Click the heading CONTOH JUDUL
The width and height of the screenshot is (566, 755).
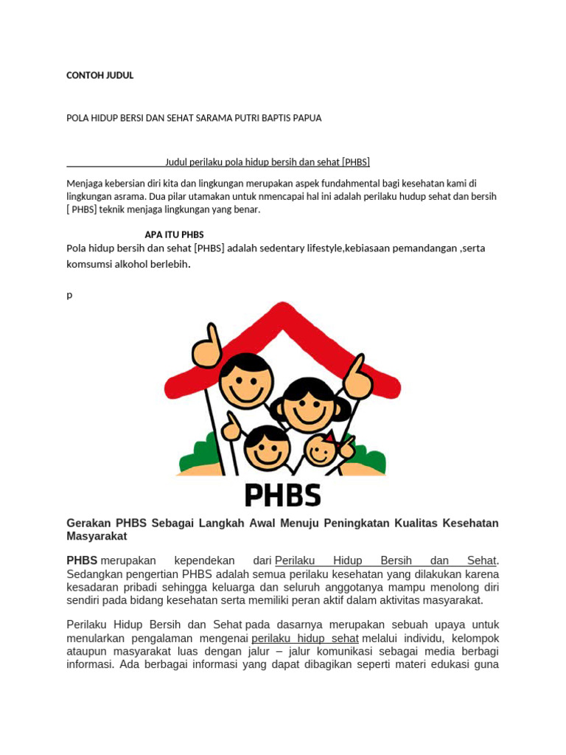click(99, 75)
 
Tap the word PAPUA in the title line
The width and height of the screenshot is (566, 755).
click(307, 118)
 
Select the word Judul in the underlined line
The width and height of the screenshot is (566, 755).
click(176, 161)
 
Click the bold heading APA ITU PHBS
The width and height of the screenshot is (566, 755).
click(174, 234)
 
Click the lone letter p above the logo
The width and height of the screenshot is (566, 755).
click(69, 295)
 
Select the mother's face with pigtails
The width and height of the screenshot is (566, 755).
click(309, 406)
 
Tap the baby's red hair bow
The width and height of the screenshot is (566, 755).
click(329, 436)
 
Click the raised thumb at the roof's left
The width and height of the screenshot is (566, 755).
click(207, 347)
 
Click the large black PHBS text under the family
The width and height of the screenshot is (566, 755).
click(282, 495)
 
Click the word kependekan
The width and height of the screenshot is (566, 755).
click(205, 560)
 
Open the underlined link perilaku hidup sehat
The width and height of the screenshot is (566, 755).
click(305, 638)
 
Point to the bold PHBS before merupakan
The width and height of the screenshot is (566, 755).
click(82, 560)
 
